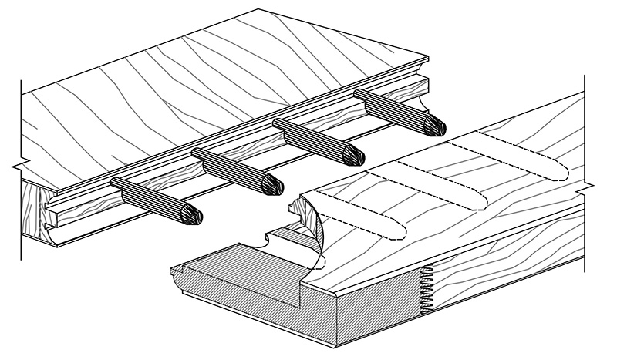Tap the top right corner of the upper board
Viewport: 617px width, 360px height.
coord(426,56)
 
